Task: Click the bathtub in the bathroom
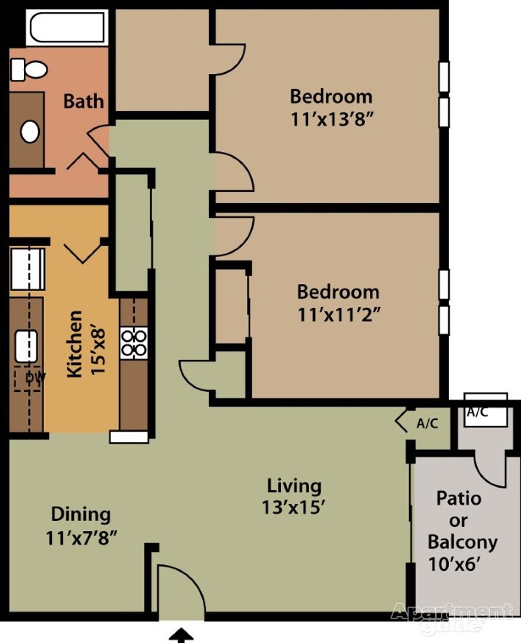coord(67,27)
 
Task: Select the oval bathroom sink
coord(30,131)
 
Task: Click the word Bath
coord(83,101)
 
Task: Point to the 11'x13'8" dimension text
coord(331,118)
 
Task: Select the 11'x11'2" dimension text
coord(338,314)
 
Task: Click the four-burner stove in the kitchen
coord(134,344)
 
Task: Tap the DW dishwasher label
coord(35,377)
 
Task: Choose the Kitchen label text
coord(75,344)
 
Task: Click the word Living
coord(294,485)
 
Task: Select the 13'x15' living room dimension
coord(294,507)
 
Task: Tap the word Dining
coord(80,513)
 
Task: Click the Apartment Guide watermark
coord(452,617)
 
